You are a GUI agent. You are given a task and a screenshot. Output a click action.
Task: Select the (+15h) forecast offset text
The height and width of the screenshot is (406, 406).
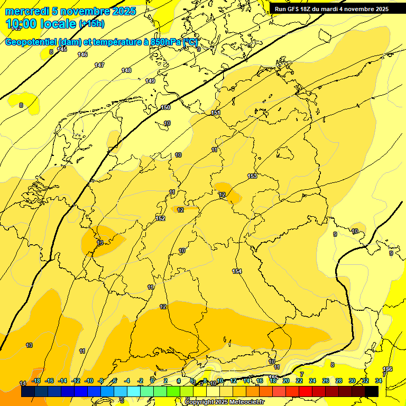tap(91, 24)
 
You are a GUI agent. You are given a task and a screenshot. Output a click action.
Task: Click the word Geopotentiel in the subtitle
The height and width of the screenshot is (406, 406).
tap(31, 42)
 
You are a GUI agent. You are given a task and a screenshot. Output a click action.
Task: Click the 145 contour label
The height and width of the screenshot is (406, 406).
tap(62, 49)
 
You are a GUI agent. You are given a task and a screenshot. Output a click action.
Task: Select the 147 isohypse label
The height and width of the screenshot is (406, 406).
tap(99, 65)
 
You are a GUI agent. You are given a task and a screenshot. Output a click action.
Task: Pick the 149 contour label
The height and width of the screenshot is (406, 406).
tap(150, 81)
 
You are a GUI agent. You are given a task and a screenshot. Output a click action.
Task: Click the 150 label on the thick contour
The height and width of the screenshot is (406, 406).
tap(165, 107)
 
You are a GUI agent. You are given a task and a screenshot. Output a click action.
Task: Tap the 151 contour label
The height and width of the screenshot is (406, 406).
tap(216, 113)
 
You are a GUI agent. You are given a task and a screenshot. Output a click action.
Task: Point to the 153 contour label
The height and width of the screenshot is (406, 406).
tap(252, 176)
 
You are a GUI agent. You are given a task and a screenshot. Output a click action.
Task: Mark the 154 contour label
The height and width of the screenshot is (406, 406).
tap(237, 271)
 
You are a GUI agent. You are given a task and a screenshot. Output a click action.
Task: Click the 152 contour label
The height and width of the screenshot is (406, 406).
tap(160, 218)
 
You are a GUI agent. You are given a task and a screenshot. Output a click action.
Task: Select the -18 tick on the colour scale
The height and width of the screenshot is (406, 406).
tap(36, 381)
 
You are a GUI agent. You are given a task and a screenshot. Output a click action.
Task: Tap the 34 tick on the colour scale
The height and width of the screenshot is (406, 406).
tap(379, 381)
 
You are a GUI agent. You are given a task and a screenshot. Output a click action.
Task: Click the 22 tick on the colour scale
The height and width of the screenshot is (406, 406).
tap(299, 381)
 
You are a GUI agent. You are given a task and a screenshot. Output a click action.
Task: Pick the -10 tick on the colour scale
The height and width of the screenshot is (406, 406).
tap(89, 381)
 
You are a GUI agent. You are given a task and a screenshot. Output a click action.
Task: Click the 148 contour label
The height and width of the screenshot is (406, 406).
tap(126, 70)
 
